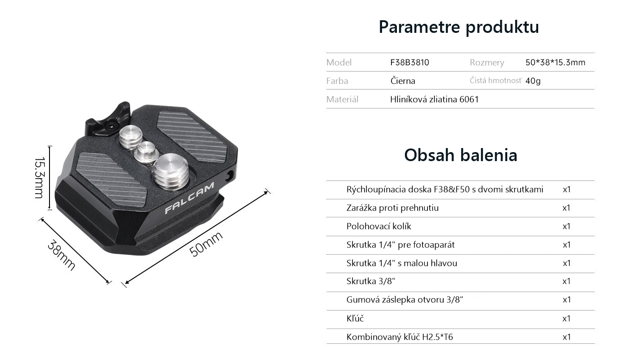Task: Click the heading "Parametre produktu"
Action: point(459,27)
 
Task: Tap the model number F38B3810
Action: point(409,62)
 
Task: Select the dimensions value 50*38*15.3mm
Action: point(555,62)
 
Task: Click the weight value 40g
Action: point(533,81)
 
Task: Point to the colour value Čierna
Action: point(402,81)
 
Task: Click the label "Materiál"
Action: point(342,99)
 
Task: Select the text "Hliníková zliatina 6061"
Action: point(434,99)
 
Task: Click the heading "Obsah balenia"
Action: point(461,155)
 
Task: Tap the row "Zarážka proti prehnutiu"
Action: point(392,208)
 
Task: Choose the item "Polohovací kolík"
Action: point(378,226)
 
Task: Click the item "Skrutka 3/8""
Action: point(371,281)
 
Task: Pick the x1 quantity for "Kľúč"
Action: point(566,319)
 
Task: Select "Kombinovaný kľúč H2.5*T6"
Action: point(400,337)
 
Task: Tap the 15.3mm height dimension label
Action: point(39,178)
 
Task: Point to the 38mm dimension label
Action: point(61,255)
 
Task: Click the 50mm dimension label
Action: point(206,244)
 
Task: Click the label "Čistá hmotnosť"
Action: point(496,81)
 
